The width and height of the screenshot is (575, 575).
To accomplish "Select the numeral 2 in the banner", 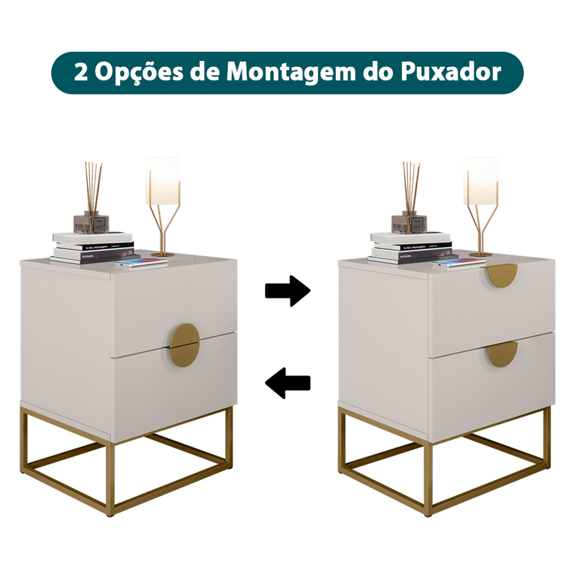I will [80, 72].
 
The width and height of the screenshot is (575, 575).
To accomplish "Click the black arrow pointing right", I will [287, 290].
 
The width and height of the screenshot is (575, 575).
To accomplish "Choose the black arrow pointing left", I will [287, 383].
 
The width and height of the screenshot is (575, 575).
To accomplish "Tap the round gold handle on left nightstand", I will [185, 345].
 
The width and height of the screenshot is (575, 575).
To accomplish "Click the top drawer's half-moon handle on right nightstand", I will [503, 276].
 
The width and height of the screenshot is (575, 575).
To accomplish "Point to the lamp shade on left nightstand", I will [162, 180].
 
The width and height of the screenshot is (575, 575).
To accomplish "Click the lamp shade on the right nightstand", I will [480, 180].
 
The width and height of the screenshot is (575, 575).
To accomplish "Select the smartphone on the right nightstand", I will [459, 263].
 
